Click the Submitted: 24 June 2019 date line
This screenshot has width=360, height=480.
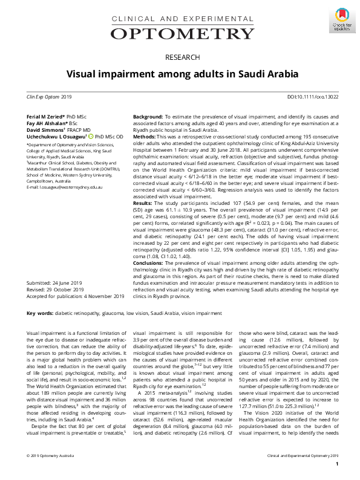pyautogui.click(x=51, y=283)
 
